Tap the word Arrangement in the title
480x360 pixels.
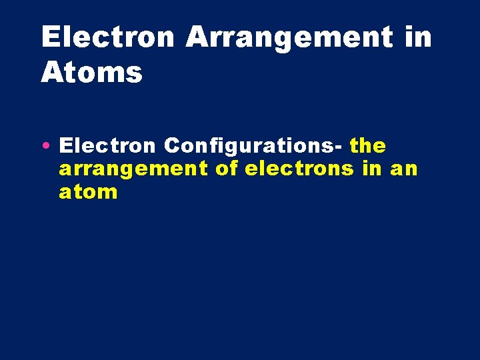(x=289, y=39)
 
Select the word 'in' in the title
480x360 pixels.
(x=418, y=37)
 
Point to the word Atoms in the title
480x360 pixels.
(x=91, y=72)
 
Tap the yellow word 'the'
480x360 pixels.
(x=367, y=145)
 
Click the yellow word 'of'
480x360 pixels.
(x=227, y=169)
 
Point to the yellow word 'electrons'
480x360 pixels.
(x=299, y=169)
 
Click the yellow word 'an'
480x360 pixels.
(x=403, y=169)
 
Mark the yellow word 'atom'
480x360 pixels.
(x=88, y=193)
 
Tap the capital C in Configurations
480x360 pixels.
(x=171, y=145)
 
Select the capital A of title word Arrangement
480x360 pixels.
(x=197, y=37)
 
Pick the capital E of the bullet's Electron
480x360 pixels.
(x=65, y=145)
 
